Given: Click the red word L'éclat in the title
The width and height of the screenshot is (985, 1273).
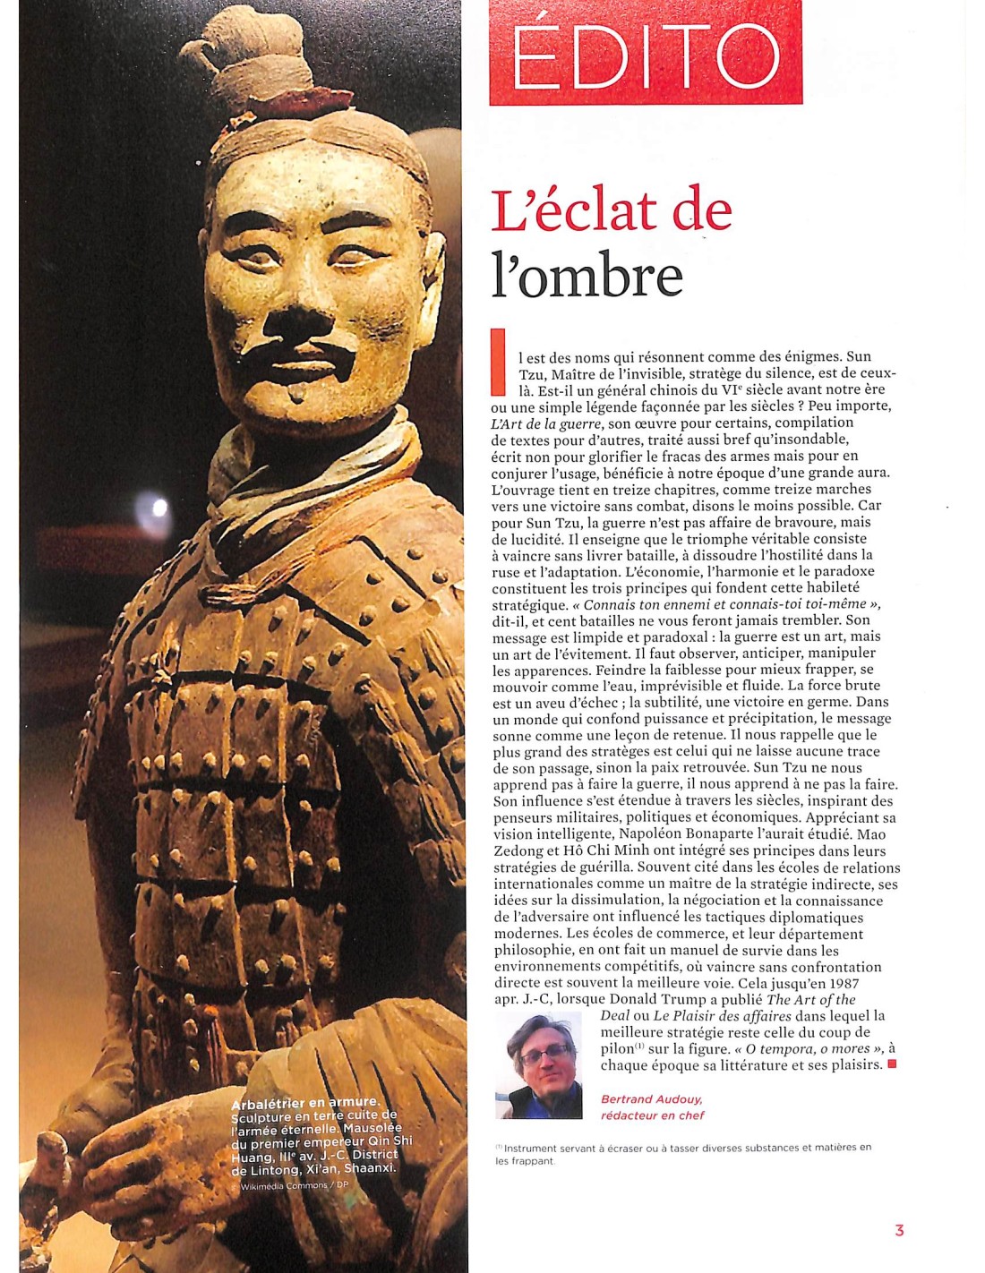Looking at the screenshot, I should (573, 211).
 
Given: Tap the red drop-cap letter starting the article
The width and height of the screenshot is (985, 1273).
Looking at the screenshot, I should (498, 362).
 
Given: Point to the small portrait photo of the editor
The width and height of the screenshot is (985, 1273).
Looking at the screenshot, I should (539, 1065).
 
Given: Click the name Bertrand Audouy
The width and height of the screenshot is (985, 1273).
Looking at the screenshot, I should (651, 1099).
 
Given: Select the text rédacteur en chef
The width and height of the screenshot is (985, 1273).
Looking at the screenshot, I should (652, 1115).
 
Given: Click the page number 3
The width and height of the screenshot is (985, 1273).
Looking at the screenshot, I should (899, 1231).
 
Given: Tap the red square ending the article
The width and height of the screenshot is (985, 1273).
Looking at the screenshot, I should (892, 1064).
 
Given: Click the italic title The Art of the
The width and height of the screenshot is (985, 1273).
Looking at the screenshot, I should (811, 999).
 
